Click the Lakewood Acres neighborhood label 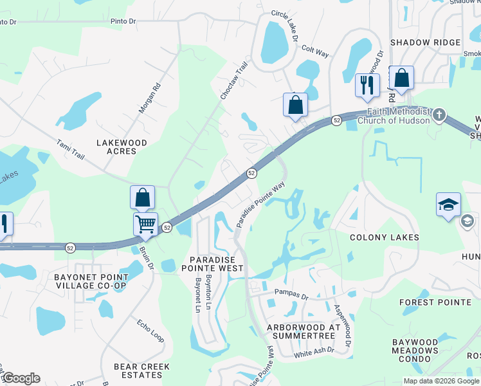click(122, 147)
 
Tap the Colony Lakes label click(384, 237)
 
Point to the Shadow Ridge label click(425, 42)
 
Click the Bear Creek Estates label click(141, 371)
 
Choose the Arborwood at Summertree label click(303, 331)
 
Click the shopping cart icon click(146, 225)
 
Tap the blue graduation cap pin click(448, 205)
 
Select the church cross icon click(439, 115)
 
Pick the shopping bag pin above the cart click(143, 198)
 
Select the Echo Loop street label click(150, 331)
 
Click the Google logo click(21, 378)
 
